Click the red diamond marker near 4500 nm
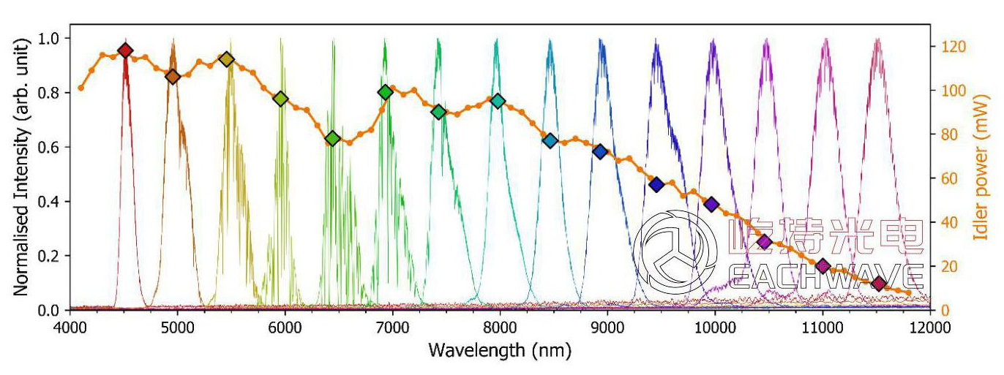coord(125,50)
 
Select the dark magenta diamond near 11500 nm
coord(880,284)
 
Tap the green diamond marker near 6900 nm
coord(386,92)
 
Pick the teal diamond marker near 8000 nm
coord(498,101)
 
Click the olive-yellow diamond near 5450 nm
coord(227,59)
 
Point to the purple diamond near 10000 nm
coord(711,204)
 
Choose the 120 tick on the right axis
coord(948,47)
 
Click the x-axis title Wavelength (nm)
coord(495,349)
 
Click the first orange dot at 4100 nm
coord(80,88)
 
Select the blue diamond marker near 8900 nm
coord(600,151)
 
